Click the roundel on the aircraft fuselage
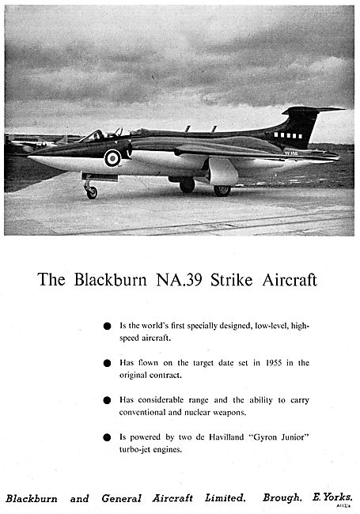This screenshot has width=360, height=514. point(113,157)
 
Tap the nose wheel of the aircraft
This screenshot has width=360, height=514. point(92,192)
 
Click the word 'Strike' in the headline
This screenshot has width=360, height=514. point(235,281)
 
